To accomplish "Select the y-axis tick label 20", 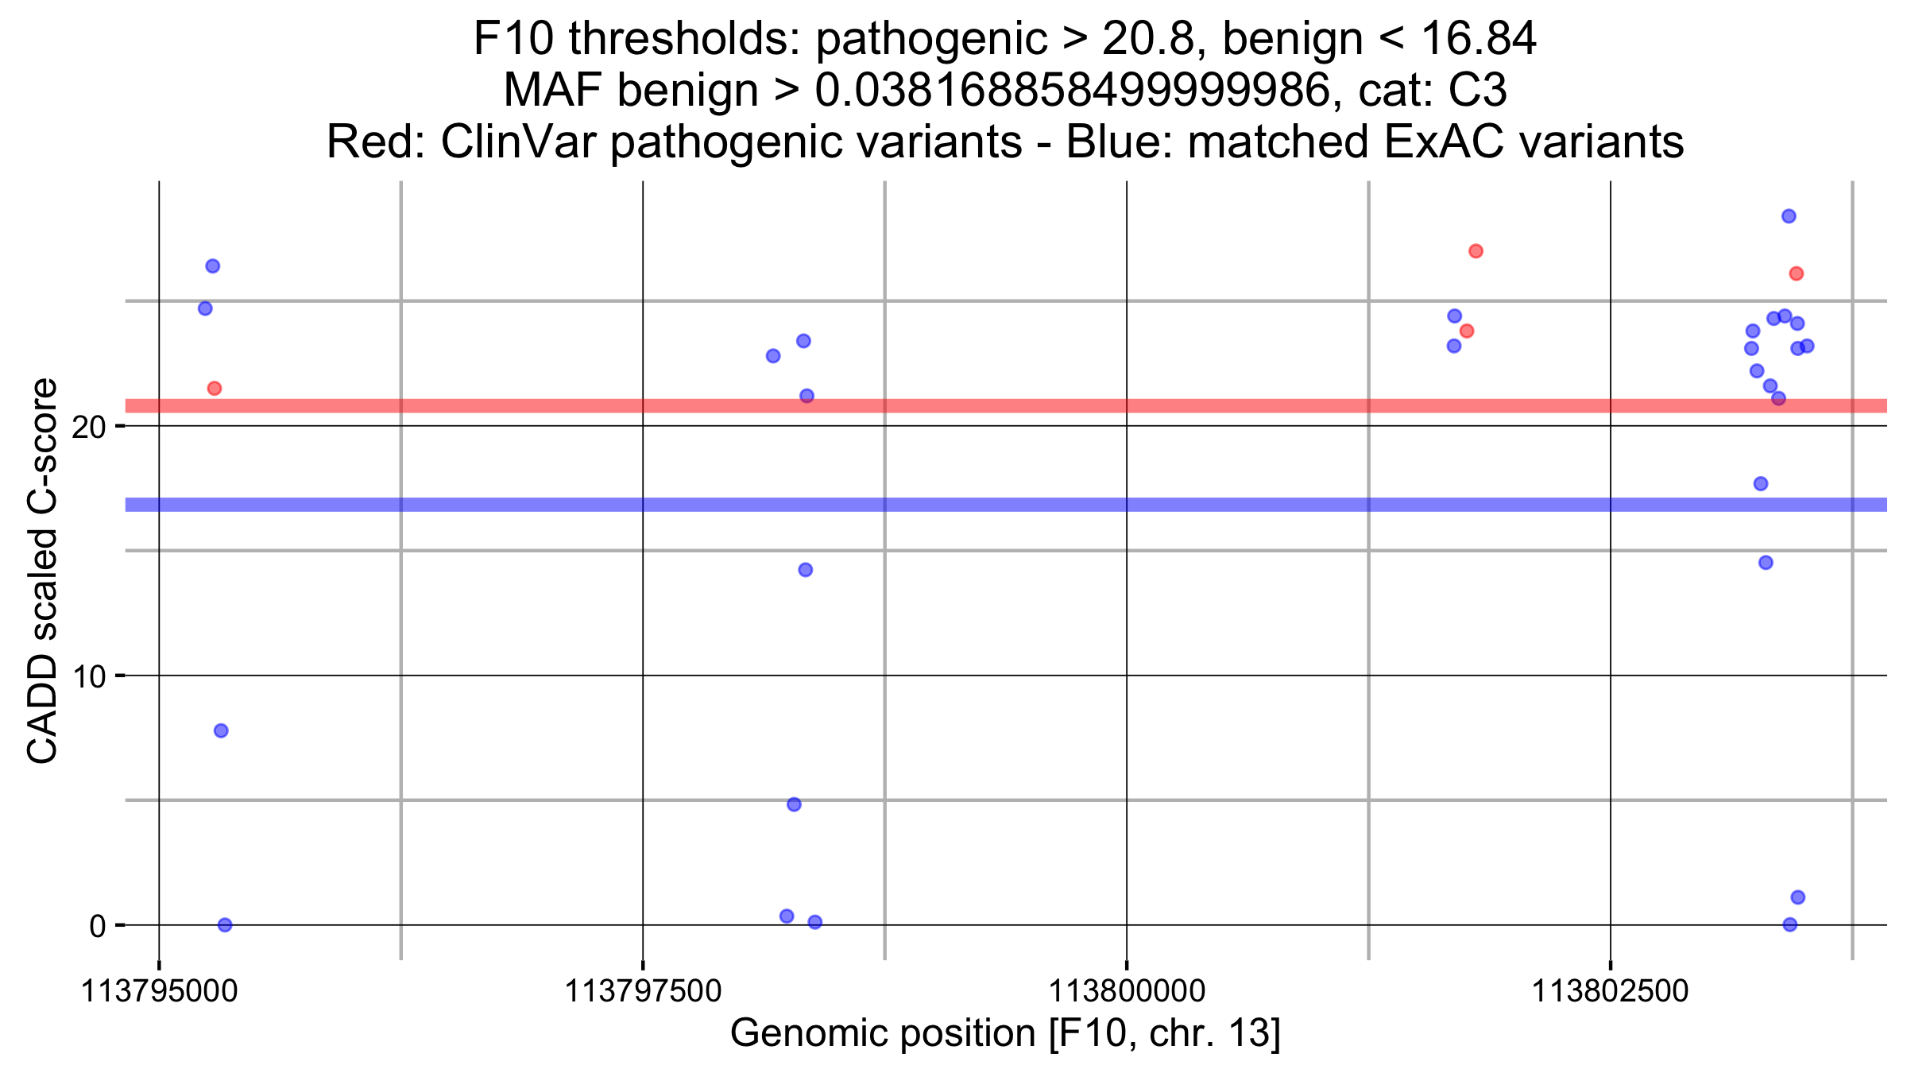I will click(88, 428).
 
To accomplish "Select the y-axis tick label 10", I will click(88, 677).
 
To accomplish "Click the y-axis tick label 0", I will click(97, 927).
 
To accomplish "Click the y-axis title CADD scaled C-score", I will click(43, 571).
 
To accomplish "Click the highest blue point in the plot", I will click(1789, 216).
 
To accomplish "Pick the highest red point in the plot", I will click(1476, 251).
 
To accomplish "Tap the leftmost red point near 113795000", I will click(214, 389).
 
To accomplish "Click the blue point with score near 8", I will click(221, 730).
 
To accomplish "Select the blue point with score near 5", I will click(794, 804).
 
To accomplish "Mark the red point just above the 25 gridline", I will click(1796, 273).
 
